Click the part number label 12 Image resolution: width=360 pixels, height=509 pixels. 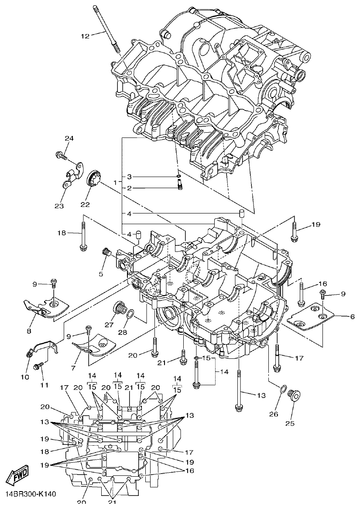coord(85,36)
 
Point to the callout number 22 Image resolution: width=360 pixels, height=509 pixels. coord(85,204)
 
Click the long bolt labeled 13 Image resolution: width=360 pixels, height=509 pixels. coord(239,389)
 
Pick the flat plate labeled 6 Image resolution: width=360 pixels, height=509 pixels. coord(312,315)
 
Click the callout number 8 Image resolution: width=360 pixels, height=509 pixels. coord(30,331)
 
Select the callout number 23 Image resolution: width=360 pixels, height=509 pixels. coord(59,205)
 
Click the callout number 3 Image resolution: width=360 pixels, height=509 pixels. coord(129,177)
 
